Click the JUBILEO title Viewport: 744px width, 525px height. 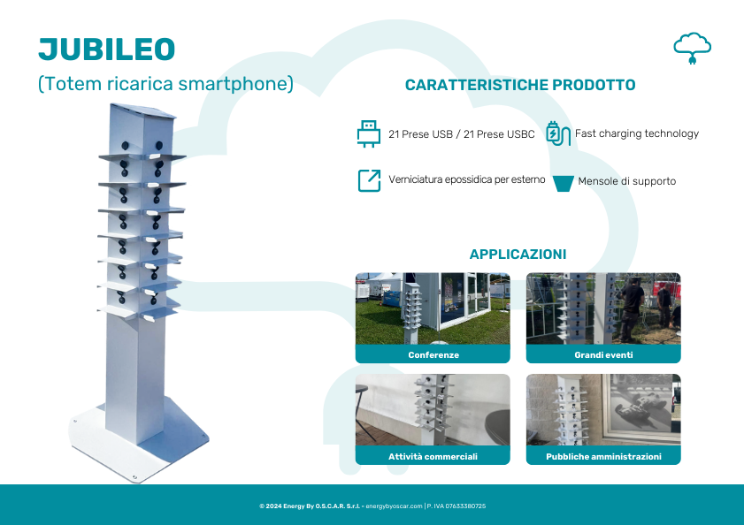107,49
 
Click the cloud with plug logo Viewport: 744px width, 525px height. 693,48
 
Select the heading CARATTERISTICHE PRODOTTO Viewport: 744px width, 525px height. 520,85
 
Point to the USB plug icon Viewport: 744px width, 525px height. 369,133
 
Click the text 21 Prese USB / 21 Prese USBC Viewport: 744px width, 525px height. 462,134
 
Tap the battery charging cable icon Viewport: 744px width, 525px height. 557,133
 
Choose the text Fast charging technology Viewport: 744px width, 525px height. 637,133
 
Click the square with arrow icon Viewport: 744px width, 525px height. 369,180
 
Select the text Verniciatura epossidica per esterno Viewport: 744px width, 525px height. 467,179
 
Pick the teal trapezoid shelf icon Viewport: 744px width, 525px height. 564,184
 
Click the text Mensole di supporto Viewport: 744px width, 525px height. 627,181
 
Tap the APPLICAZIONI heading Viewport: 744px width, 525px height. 518,255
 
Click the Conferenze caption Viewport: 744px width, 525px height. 433,354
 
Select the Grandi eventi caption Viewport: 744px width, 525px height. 603,354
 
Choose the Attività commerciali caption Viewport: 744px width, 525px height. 433,456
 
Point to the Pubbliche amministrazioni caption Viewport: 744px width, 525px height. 603,456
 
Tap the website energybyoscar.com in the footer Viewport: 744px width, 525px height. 394,506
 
